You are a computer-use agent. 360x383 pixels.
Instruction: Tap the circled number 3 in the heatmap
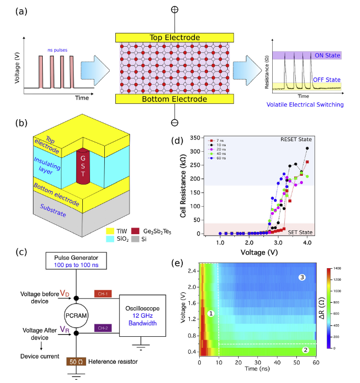coord(302,277)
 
